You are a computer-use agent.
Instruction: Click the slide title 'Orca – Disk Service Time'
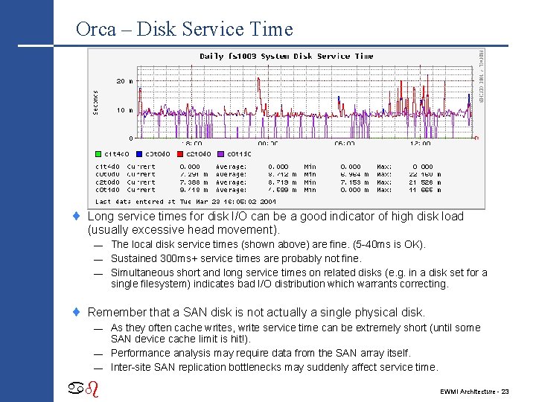click(x=184, y=30)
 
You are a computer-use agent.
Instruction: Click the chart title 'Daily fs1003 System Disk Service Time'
click(x=287, y=57)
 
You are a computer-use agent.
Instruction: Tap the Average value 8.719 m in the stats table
click(x=281, y=182)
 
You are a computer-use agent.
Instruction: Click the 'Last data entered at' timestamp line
click(x=185, y=201)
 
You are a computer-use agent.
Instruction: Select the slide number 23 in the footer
click(x=505, y=391)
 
